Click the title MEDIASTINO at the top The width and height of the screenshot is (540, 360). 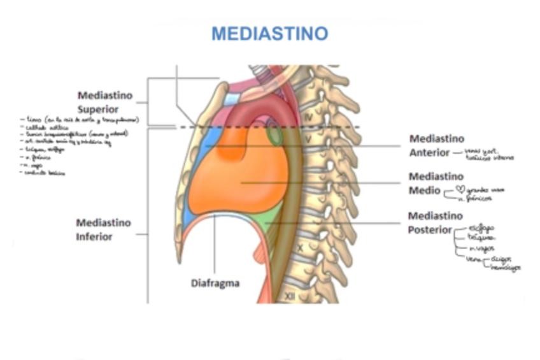pyautogui.click(x=269, y=33)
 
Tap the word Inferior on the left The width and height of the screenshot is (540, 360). pyautogui.click(x=94, y=236)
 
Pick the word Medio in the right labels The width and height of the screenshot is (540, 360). pyautogui.click(x=424, y=190)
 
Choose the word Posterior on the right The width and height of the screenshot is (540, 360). pyautogui.click(x=430, y=229)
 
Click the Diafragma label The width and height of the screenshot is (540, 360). pyautogui.click(x=215, y=282)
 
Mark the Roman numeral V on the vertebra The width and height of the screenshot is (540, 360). pyautogui.click(x=308, y=138)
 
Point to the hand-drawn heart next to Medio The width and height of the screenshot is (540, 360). pyautogui.click(x=460, y=189)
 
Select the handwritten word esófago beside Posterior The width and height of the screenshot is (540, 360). pyautogui.click(x=481, y=227)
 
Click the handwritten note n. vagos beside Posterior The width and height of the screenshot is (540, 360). pyautogui.click(x=481, y=248)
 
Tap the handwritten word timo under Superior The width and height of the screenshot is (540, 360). pyautogui.click(x=32, y=119)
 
